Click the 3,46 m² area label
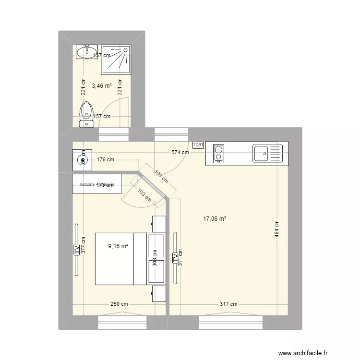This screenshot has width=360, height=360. pos(102,86)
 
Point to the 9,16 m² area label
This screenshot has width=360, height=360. pos(118,246)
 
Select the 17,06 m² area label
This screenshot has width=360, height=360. pos(215,219)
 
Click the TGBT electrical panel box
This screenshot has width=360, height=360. pos(198,144)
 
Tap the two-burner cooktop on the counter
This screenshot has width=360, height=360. pos(218,154)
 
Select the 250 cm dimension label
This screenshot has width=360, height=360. pos(119,304)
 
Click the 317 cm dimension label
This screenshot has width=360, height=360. pos(228,304)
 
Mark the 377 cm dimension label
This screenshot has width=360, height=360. pos(83,246)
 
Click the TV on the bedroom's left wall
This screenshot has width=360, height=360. pos(76,249)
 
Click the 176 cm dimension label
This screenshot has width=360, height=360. pos(105,160)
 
